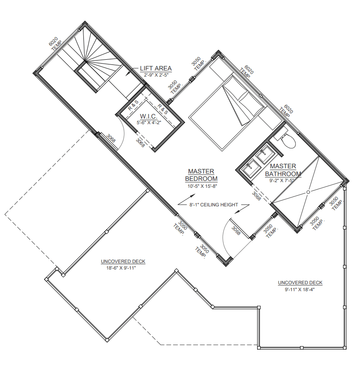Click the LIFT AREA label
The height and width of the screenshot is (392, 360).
click(156, 68)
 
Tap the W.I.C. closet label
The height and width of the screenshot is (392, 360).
click(149, 116)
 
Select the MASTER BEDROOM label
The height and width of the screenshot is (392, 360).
click(201, 175)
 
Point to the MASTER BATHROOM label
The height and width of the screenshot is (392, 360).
click(283, 170)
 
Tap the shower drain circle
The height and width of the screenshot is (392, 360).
click(308, 192)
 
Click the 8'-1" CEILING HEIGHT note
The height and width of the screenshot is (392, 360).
click(213, 205)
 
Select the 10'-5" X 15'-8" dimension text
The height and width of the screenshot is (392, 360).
click(201, 186)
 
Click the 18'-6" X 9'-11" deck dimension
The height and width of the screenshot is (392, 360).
click(121, 268)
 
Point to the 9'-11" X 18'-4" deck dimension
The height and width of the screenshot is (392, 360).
click(299, 289)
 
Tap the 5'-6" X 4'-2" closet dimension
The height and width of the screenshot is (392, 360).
click(149, 122)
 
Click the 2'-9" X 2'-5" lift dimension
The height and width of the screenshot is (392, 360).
click(156, 75)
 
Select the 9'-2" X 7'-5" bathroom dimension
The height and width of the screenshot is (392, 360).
click(282, 180)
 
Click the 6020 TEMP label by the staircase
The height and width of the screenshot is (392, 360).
click(55, 44)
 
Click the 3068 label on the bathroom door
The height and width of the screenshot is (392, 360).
click(256, 196)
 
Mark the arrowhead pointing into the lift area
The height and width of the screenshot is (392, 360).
click(127, 73)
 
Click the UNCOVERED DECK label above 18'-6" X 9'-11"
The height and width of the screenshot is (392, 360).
click(123, 261)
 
